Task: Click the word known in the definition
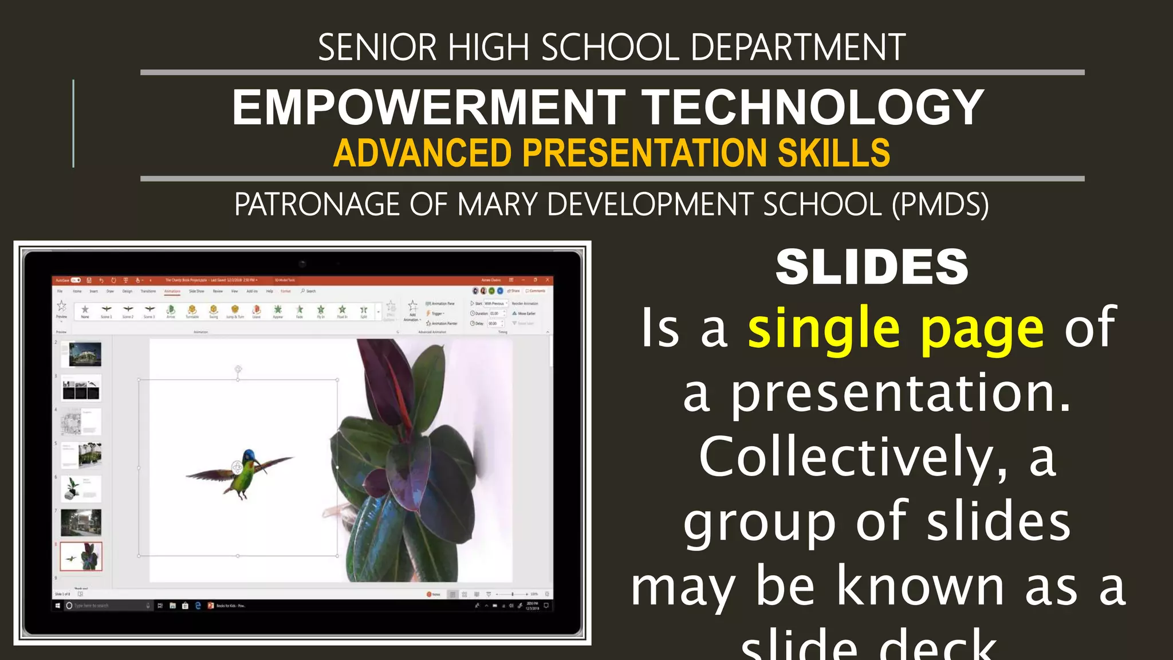click(x=920, y=587)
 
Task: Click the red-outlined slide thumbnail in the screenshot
click(x=81, y=556)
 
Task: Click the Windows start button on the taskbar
click(x=58, y=606)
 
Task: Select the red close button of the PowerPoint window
click(x=548, y=280)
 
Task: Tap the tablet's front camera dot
click(x=302, y=264)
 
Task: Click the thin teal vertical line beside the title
click(x=73, y=123)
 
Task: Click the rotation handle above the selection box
click(x=238, y=370)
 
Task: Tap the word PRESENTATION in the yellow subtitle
click(x=645, y=153)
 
